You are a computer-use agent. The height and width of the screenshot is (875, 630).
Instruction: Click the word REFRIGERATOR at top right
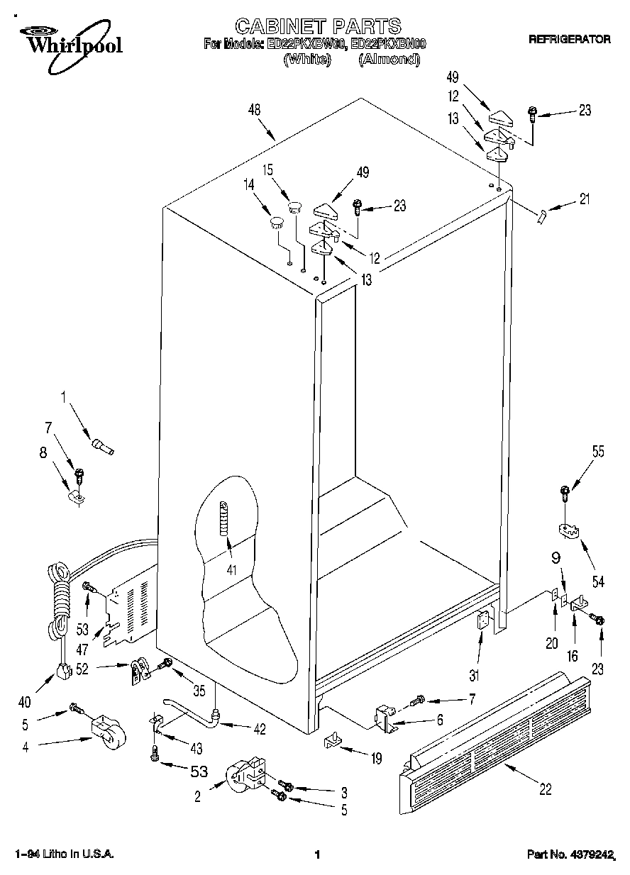pos(569,40)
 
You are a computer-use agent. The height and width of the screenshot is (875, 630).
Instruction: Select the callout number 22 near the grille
pos(546,788)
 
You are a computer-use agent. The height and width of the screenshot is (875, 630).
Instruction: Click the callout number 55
pos(598,451)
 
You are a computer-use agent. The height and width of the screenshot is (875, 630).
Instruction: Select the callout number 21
pos(585,199)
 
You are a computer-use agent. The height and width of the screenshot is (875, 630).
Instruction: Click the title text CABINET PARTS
pos(318,26)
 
